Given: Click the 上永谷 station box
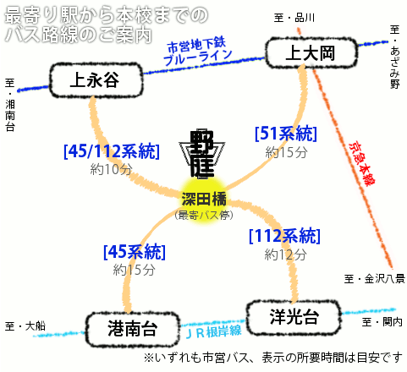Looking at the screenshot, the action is (96, 80).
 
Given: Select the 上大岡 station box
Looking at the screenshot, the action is (311, 53).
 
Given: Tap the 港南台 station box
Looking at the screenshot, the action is (133, 329).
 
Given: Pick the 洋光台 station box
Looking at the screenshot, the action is (294, 317).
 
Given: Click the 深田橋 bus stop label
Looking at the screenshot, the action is (204, 199).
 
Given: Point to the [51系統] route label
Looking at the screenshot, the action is (286, 134).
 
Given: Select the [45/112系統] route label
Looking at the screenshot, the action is (112, 151).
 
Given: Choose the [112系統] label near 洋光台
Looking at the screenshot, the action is (285, 236).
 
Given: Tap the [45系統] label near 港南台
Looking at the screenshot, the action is (135, 252).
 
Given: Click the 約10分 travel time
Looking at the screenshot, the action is (111, 169).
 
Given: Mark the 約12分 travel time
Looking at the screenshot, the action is (285, 254).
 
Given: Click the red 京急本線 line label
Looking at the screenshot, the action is (362, 163).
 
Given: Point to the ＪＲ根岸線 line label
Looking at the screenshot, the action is (213, 331).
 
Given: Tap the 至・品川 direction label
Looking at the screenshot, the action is (294, 18).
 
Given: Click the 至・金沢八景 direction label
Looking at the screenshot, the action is (375, 279).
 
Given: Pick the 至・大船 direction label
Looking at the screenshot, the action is (25, 326).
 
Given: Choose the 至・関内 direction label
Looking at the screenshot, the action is (382, 322).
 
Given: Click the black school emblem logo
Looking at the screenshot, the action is (202, 154).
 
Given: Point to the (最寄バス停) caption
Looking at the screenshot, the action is (204, 216).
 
